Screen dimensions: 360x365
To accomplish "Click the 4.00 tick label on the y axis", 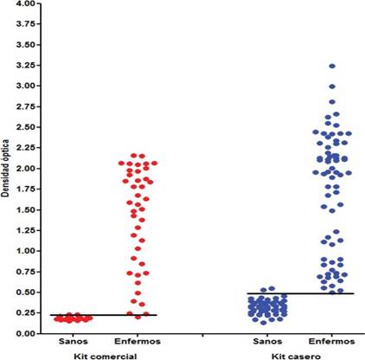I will tap(25, 4).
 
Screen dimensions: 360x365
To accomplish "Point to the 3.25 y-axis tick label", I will tap(25, 66).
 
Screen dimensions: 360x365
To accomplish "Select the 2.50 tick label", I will tap(25, 127).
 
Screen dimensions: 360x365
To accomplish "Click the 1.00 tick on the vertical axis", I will tap(25, 251).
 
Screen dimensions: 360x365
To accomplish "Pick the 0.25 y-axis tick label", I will tap(25, 312).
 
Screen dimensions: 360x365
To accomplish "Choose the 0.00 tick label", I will tap(25, 333).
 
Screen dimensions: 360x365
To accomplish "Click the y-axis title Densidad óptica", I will tap(7, 170).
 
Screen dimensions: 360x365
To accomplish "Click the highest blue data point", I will tap(332, 66).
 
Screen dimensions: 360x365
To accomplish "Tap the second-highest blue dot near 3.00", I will tap(332, 87).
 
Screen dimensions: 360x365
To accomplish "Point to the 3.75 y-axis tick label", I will tap(25, 25).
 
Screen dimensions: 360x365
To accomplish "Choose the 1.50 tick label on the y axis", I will tap(25, 209).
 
